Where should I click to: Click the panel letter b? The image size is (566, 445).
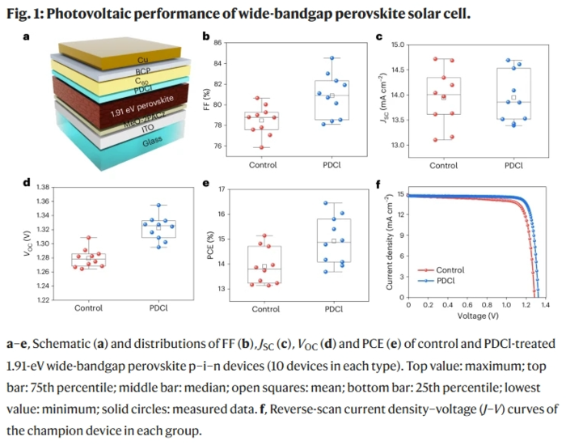click(x=206, y=36)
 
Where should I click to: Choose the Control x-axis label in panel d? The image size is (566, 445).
click(x=89, y=308)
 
